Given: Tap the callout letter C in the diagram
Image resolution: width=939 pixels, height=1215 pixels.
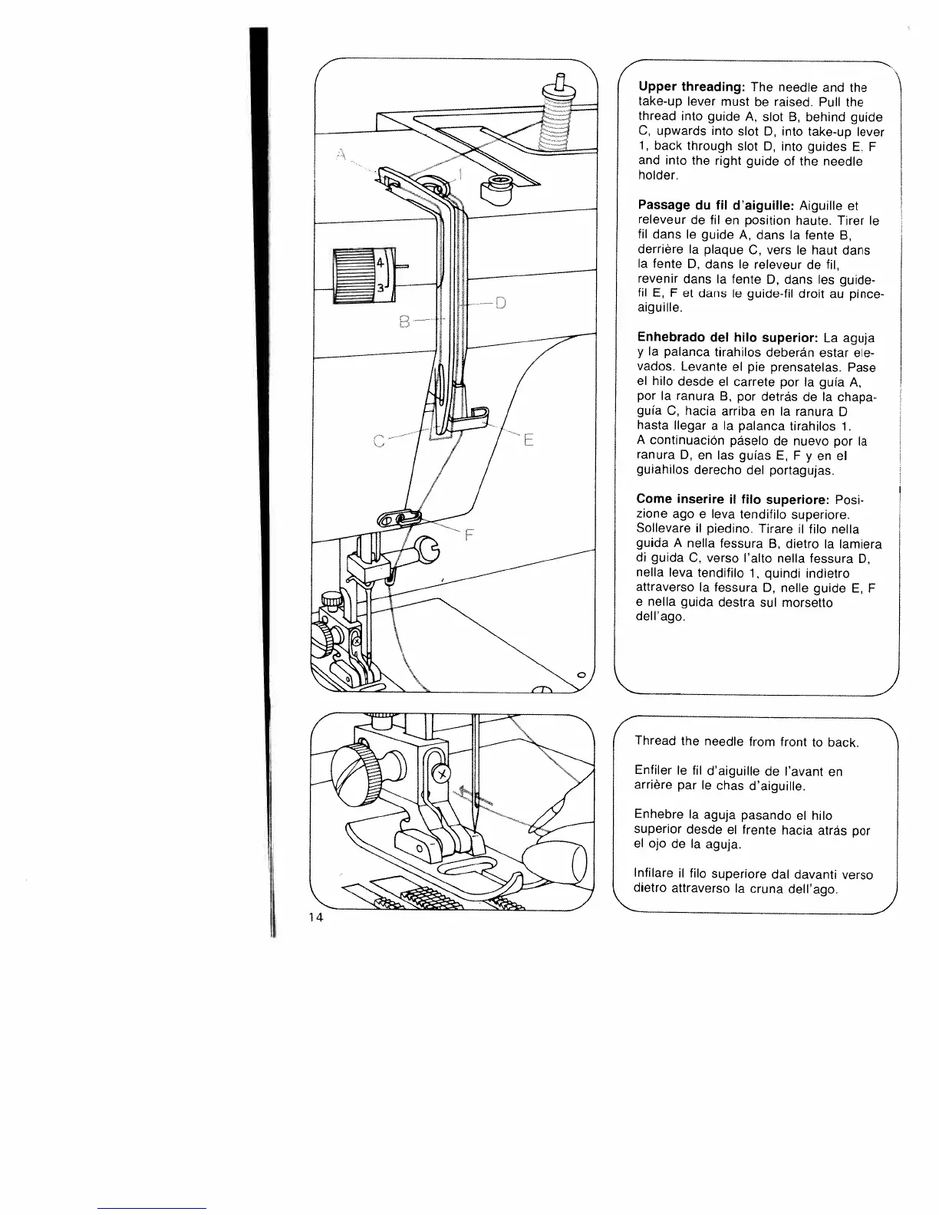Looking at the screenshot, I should (x=377, y=440).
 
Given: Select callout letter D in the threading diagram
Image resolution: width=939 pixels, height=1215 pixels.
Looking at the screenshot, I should (x=500, y=302).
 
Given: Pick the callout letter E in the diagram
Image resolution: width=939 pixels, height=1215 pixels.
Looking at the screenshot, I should (x=527, y=441).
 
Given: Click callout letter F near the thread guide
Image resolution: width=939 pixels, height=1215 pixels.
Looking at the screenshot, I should (x=470, y=536).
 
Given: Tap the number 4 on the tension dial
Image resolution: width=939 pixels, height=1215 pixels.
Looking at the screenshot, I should (x=380, y=262).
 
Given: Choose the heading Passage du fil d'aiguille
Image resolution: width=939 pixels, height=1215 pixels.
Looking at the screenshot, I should (x=716, y=206).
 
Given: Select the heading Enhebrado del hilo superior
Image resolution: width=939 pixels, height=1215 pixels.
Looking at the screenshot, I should (x=727, y=337).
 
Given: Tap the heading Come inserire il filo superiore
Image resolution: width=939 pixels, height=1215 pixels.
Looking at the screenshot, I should (x=729, y=499).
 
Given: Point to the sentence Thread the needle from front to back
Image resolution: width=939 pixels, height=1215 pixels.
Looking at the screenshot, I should (x=746, y=742).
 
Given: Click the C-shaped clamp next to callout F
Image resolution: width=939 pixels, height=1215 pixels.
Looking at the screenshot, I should (x=425, y=548).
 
